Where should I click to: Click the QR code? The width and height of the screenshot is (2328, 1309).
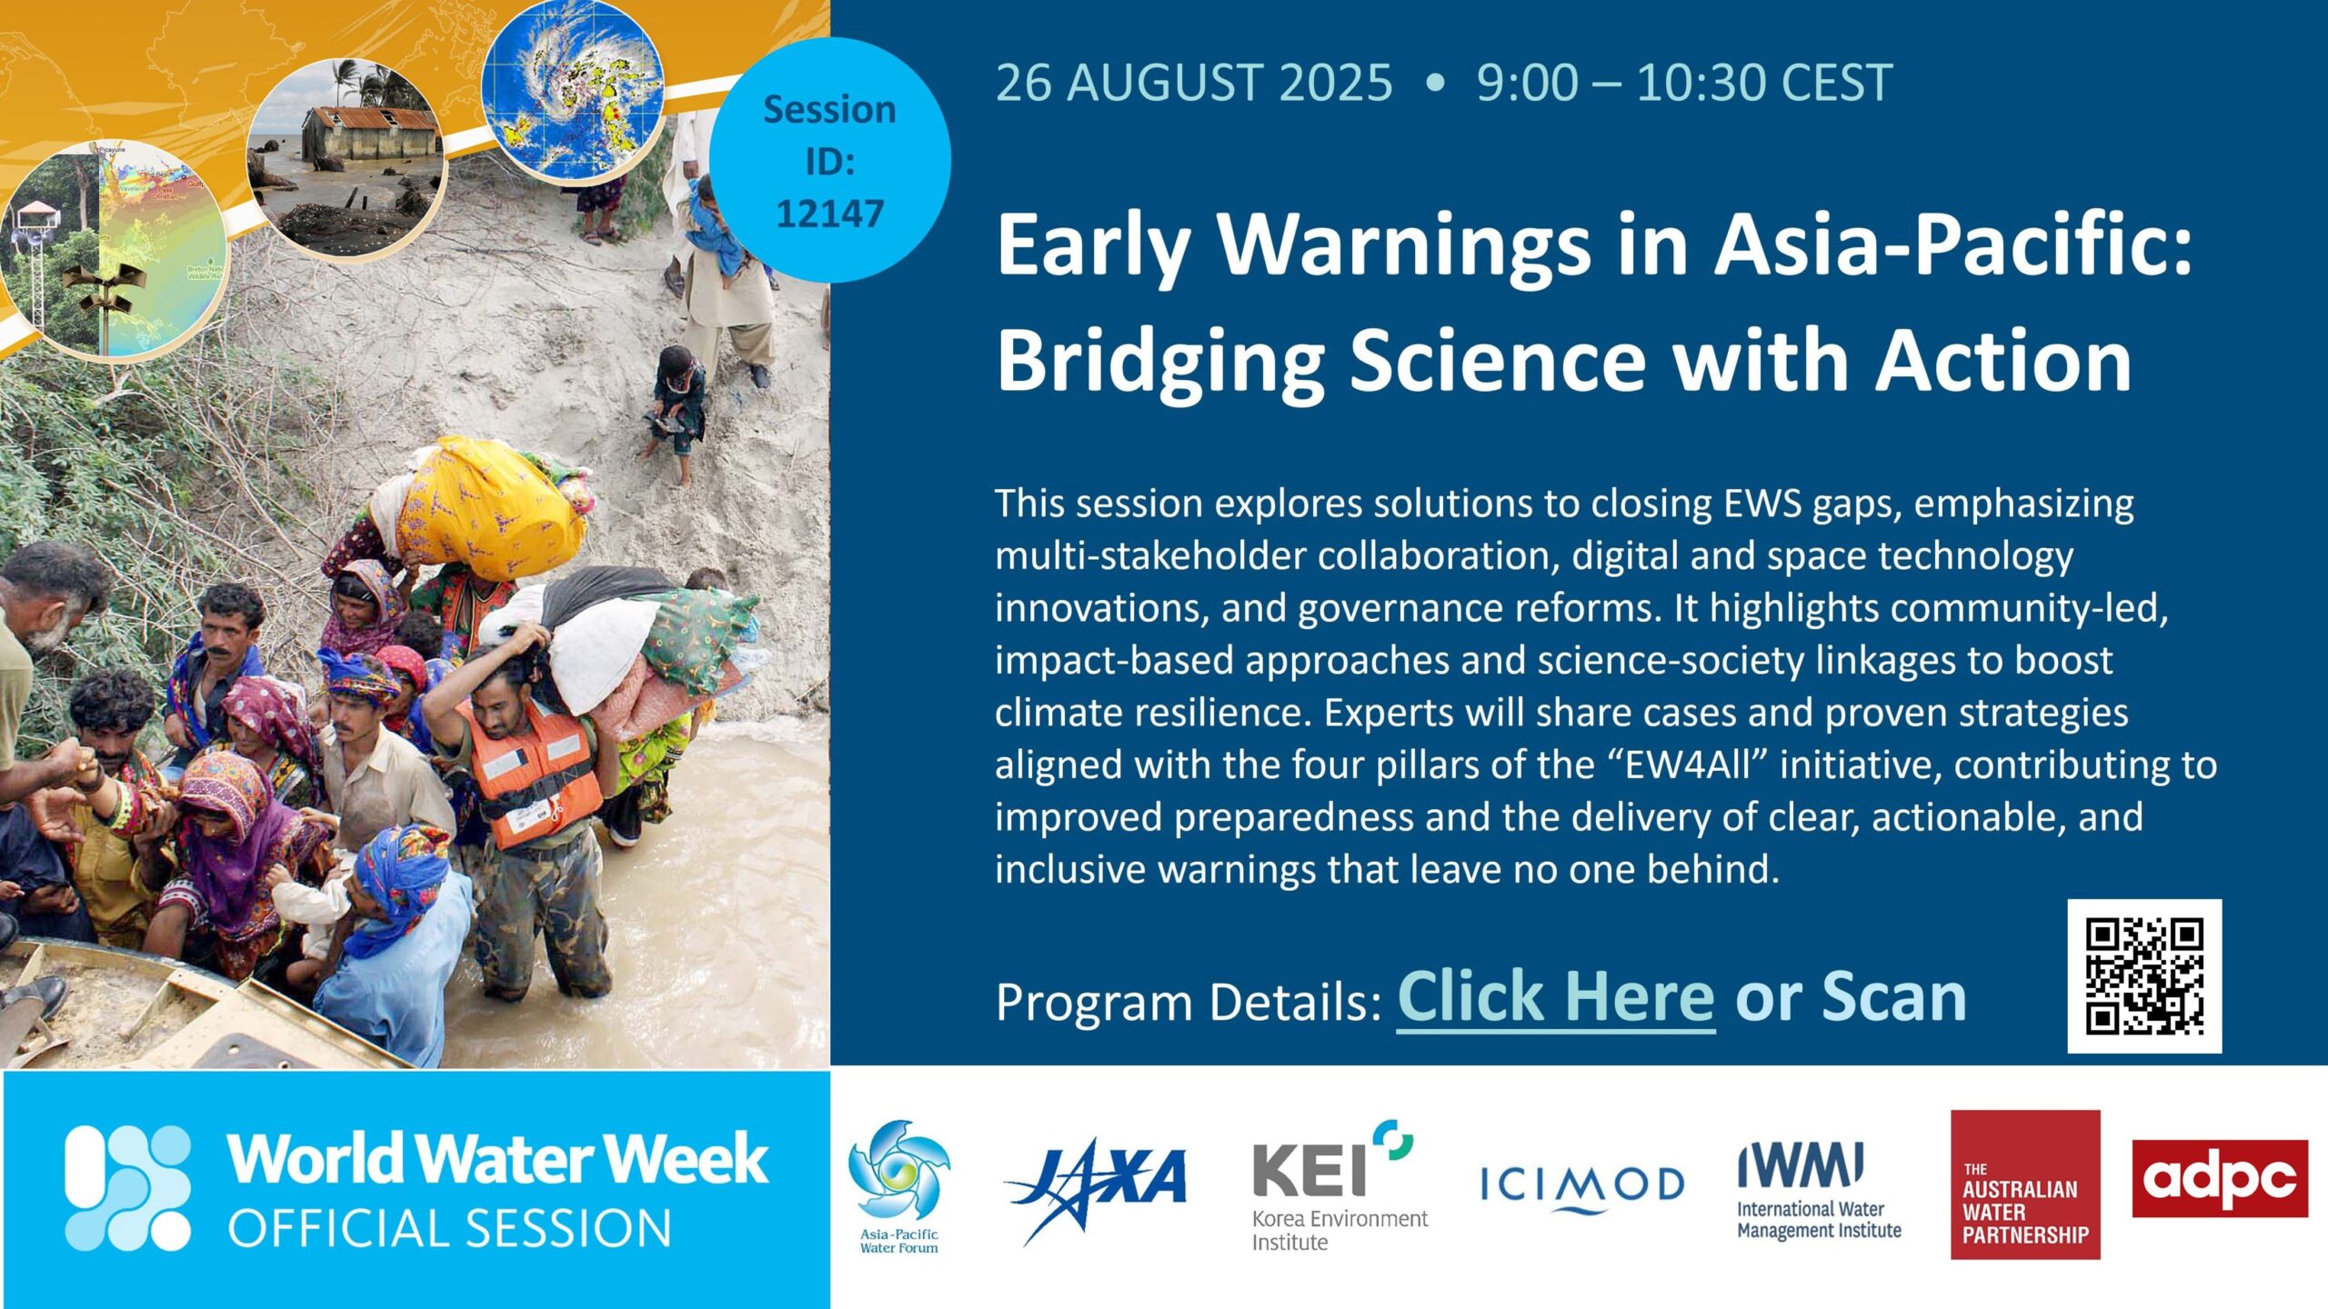(x=2144, y=976)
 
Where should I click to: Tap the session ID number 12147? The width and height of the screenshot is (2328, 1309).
(x=830, y=214)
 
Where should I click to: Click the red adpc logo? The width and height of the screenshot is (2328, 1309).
(x=2220, y=1178)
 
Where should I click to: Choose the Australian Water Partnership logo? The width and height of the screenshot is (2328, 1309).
(x=2025, y=1184)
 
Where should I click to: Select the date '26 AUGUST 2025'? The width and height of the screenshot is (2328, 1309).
(x=1194, y=83)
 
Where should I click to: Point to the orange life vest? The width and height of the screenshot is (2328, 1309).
(x=531, y=774)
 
